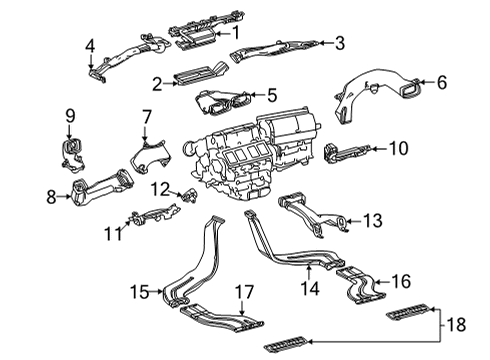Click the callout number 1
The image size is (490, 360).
point(236,32)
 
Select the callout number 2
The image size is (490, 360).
point(157,82)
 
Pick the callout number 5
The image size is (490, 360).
point(271,95)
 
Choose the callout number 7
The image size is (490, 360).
point(146,118)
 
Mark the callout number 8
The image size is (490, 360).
point(52,197)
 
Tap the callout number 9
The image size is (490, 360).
point(70,118)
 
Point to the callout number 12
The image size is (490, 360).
point(160,187)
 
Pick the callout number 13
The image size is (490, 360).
point(372,220)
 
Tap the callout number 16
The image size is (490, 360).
point(400,281)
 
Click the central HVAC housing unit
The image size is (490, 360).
point(262,150)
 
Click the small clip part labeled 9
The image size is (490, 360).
point(71,151)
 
